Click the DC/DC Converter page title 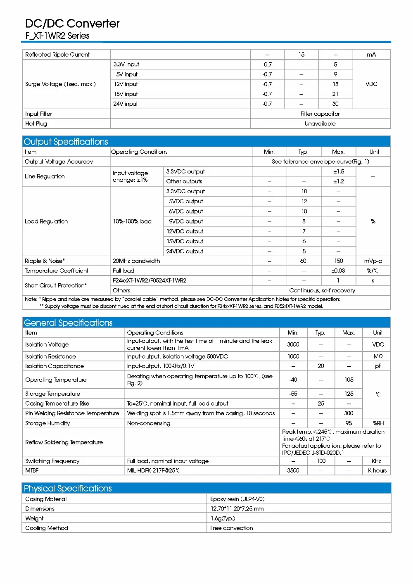pos(72,24)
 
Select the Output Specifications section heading pos(66,142)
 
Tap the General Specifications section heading pos(68,323)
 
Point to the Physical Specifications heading pos(68,488)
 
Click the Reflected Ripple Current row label pos(57,55)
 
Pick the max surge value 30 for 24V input pos(335,104)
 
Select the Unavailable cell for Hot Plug pos(320,123)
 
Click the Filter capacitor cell pos(320,114)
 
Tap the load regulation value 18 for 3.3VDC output pos(304,191)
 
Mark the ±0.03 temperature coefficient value pos(338,271)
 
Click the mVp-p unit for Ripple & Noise pos(373,261)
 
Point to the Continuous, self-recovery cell pos(322,290)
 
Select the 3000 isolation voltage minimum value pos(293,344)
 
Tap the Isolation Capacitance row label pos(55,366)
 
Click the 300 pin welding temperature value pos(349,413)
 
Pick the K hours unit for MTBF pos(377,470)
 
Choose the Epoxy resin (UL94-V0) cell pos(237,499)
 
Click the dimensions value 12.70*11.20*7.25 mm pos(237,509)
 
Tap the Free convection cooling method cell pos(232,528)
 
